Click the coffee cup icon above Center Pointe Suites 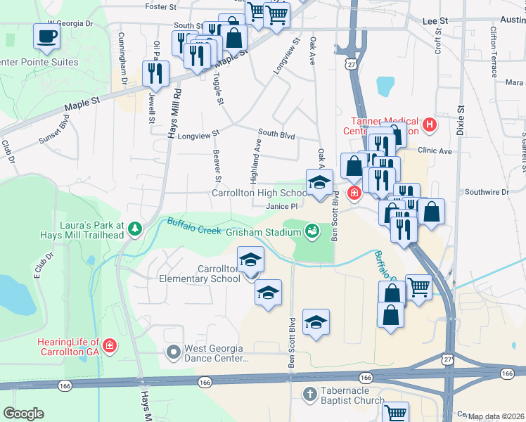click(46, 36)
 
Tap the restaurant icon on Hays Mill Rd click(155, 72)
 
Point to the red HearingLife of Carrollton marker click(109, 346)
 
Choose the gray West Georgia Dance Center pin click(173, 350)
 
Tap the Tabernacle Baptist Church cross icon click(307, 394)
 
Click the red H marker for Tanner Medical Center click(430, 126)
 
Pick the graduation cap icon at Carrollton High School click(319, 182)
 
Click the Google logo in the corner click(23, 414)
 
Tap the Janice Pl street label click(283, 207)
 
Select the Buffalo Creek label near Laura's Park click(194, 227)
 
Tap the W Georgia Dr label click(70, 23)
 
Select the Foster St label click(160, 6)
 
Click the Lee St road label click(435, 22)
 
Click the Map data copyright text click(496, 416)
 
